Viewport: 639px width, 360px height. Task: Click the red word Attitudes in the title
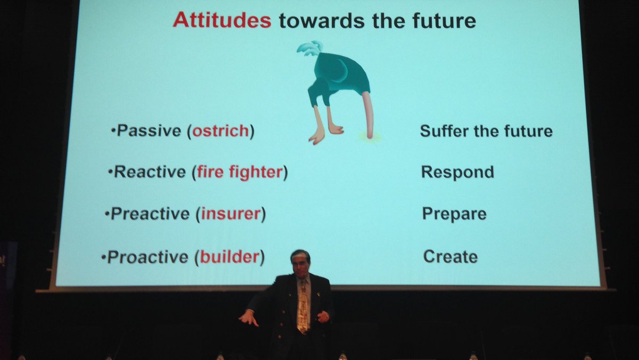(x=222, y=20)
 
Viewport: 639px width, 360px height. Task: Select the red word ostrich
(x=220, y=131)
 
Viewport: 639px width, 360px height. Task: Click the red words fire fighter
(x=240, y=172)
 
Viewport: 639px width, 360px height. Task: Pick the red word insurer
(x=231, y=214)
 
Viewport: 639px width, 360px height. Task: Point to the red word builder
(x=230, y=257)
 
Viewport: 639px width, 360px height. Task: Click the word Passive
(x=149, y=131)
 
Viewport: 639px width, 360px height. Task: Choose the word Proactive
(x=148, y=257)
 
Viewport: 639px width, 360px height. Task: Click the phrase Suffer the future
(x=486, y=131)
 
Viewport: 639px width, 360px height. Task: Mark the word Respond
(x=457, y=172)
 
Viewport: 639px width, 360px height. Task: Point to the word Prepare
(x=454, y=214)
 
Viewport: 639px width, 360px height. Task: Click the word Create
(x=450, y=257)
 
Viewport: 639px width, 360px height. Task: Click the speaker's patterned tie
(x=302, y=309)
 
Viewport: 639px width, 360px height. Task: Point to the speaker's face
(x=300, y=263)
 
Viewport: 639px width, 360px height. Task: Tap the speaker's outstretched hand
(x=248, y=318)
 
